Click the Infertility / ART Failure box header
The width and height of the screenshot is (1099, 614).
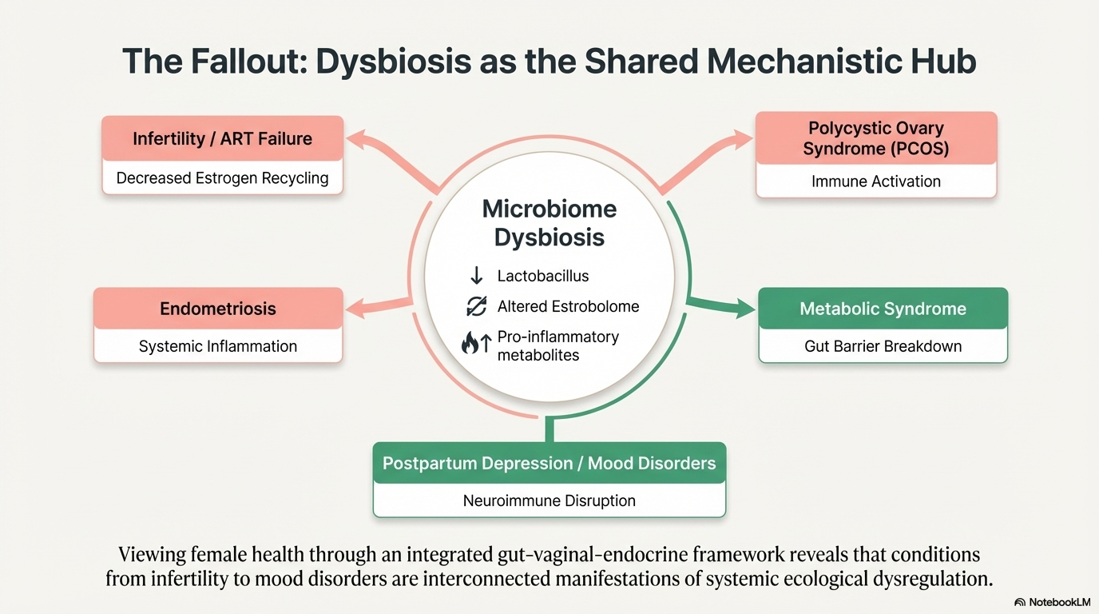[x=222, y=138]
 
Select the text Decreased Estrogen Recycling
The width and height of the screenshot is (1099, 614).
[x=222, y=177]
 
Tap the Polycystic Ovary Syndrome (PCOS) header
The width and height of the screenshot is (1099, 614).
[x=875, y=138]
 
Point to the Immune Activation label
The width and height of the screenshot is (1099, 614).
[x=875, y=181]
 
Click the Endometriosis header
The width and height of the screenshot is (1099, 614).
[x=218, y=309]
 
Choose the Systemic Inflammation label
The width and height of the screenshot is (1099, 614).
[x=218, y=346]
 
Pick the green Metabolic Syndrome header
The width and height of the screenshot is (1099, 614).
[x=883, y=309]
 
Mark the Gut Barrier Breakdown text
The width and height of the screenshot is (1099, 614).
[x=883, y=346]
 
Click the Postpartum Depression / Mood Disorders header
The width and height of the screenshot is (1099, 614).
[x=549, y=464]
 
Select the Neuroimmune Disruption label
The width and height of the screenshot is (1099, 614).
[x=549, y=501]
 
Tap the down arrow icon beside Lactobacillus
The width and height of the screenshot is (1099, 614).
[x=477, y=276]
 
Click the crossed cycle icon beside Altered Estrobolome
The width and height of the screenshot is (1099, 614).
[x=477, y=306]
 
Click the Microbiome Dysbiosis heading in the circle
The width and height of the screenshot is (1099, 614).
[x=549, y=223]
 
